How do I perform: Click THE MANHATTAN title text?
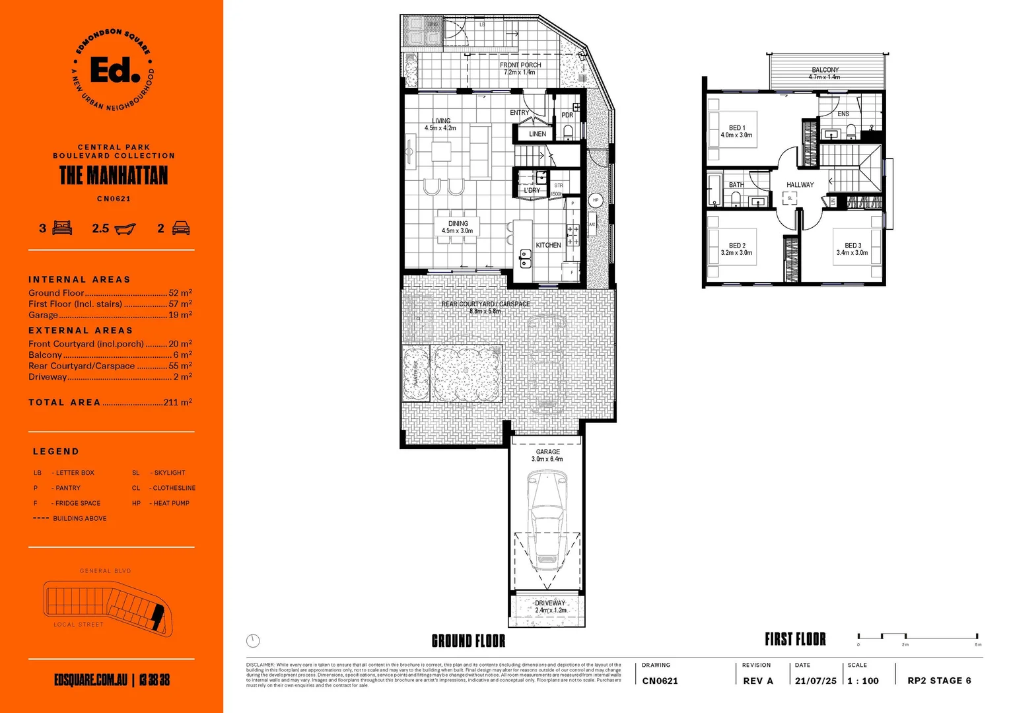114,176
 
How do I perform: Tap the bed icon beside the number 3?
62,228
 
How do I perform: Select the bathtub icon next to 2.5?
125,229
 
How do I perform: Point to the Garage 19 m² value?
180,316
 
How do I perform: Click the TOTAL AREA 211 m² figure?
177,402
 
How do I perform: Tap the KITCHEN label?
548,245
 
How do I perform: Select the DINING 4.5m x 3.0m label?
458,227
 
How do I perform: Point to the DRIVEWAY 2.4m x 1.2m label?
550,607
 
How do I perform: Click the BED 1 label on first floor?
736,131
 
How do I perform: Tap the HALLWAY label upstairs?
800,185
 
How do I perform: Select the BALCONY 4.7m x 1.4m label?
825,73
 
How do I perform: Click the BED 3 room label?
852,249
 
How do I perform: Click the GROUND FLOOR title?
468,641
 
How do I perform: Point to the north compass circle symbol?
253,640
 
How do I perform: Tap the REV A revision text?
757,681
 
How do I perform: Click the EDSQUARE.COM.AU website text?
90,680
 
